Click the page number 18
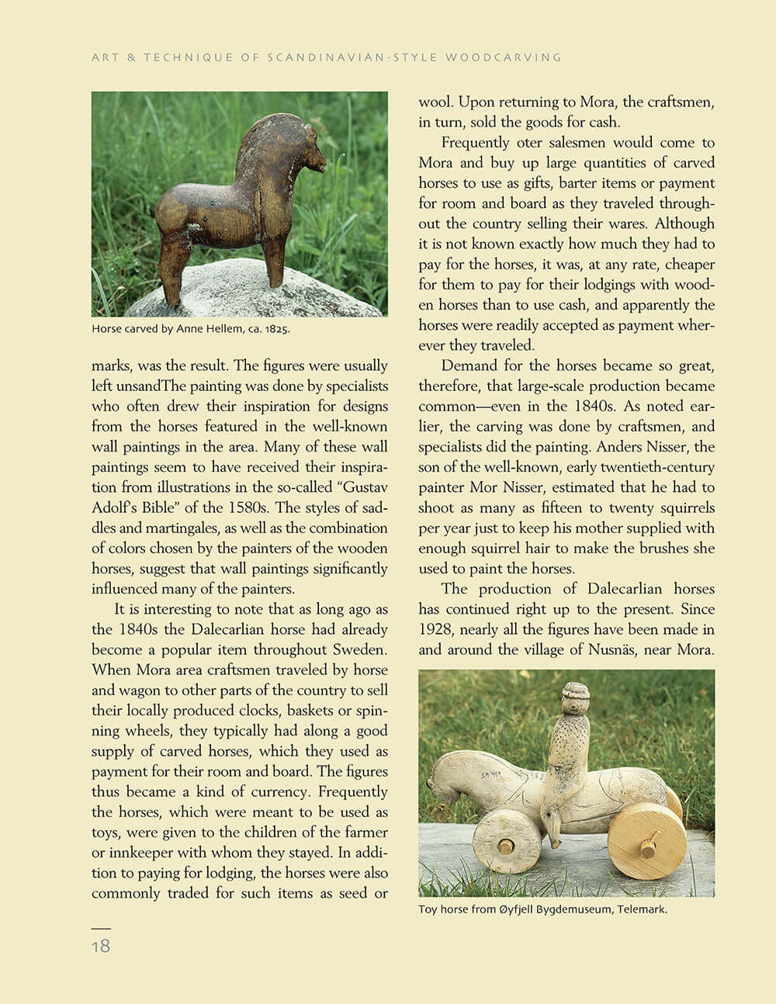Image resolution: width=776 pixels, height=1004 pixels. pyautogui.click(x=101, y=946)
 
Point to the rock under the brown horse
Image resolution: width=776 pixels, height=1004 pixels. pyautogui.click(x=233, y=291)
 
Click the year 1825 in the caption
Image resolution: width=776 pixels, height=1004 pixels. pyautogui.click(x=276, y=329)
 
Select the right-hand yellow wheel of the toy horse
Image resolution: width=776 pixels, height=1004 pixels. pyautogui.click(x=646, y=840)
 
